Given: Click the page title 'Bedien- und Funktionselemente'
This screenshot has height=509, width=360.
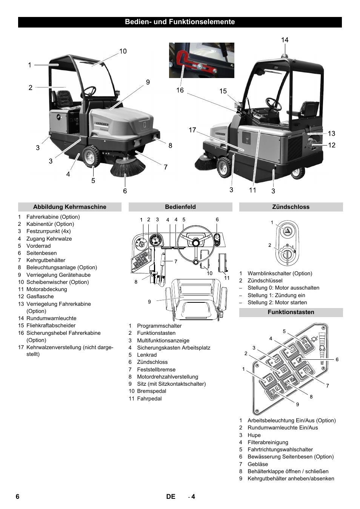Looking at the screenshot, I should [x=180, y=22].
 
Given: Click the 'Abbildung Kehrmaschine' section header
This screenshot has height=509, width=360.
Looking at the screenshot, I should [x=69, y=207].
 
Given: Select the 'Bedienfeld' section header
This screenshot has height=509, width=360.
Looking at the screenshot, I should [x=180, y=207].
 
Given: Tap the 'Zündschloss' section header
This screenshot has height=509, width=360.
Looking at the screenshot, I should [x=291, y=207].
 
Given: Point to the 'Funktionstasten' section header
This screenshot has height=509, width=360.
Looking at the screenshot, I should [x=291, y=312].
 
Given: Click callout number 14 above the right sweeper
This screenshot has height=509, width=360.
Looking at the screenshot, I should [x=285, y=40].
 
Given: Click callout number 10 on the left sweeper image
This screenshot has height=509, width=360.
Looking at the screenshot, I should [x=123, y=51].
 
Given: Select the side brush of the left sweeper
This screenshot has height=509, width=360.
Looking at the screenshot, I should [x=127, y=168].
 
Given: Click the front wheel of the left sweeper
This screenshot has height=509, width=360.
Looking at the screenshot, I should [x=91, y=156].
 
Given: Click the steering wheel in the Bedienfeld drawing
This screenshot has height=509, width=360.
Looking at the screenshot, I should [x=195, y=243].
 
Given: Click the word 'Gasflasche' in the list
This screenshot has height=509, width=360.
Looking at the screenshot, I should [x=40, y=296].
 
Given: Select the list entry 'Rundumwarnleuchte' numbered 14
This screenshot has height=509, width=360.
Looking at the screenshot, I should [x=51, y=318].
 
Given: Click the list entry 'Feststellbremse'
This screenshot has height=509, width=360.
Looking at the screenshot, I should [x=156, y=369].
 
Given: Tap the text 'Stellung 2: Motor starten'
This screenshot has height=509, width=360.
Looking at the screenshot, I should [x=277, y=302].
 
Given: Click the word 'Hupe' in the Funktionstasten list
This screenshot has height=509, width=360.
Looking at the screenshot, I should [x=254, y=435].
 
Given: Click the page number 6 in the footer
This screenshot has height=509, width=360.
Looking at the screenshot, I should [x=17, y=497].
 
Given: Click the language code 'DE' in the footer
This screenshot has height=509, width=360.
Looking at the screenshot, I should [x=171, y=497].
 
